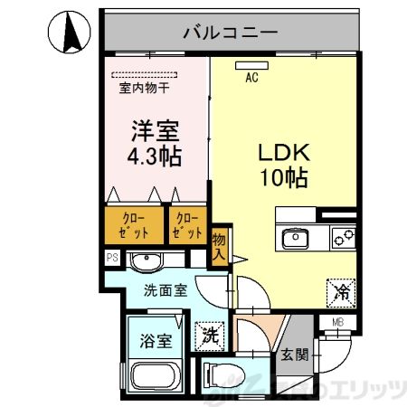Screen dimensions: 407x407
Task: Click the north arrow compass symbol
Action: tap(71, 33)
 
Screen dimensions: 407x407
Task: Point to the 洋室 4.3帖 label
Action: tap(153, 142)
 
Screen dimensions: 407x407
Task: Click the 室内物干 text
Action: tap(145, 89)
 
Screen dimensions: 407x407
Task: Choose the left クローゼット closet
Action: tap(131, 225)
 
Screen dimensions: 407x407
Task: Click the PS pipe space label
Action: tap(112, 258)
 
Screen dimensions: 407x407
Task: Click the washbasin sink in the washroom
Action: tap(145, 262)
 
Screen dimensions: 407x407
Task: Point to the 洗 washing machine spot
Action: tap(208, 333)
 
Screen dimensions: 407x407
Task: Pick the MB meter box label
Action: tap(337, 322)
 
